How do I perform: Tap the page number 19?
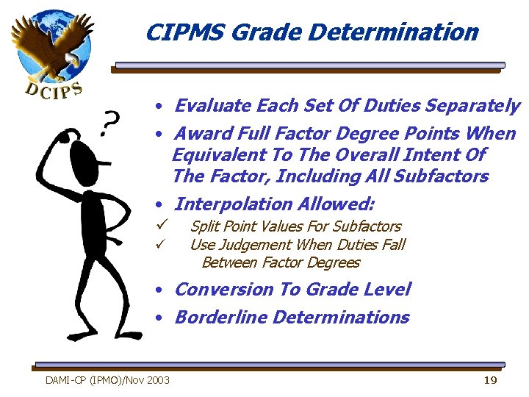[x=490, y=379]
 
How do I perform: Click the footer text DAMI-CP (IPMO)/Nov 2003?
[x=107, y=380]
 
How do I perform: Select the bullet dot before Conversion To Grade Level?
[x=159, y=290]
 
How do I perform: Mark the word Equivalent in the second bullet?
[x=214, y=155]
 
